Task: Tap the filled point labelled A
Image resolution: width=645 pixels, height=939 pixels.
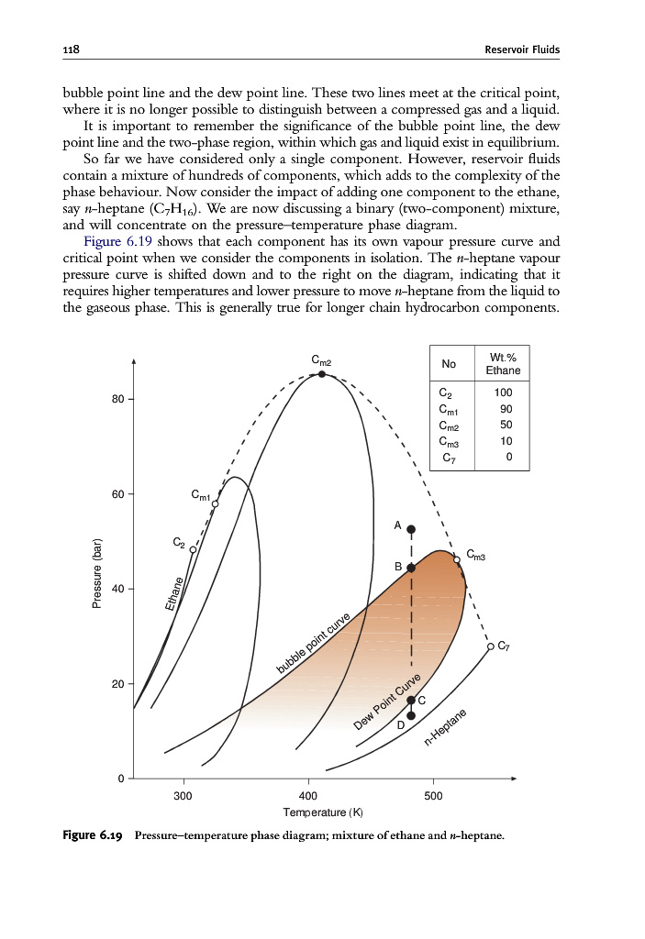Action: pyautogui.click(x=411, y=529)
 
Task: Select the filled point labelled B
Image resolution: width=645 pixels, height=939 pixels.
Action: pyautogui.click(x=411, y=568)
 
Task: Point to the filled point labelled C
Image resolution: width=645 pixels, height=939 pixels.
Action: pyautogui.click(x=411, y=700)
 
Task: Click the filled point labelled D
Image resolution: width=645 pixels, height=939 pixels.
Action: pyautogui.click(x=411, y=715)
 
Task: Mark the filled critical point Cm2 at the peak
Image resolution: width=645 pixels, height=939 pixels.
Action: pyautogui.click(x=322, y=374)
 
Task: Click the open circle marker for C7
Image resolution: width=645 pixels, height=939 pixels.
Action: pyautogui.click(x=490, y=646)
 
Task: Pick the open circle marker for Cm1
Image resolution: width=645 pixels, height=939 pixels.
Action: pyautogui.click(x=216, y=503)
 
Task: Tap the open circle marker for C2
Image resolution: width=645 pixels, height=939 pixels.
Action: pyautogui.click(x=193, y=548)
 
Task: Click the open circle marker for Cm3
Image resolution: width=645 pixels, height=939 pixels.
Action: pyautogui.click(x=457, y=559)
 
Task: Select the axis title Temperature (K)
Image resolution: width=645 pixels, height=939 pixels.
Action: pyautogui.click(x=309, y=812)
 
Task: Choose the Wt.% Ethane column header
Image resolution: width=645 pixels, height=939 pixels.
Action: pyautogui.click(x=502, y=364)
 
